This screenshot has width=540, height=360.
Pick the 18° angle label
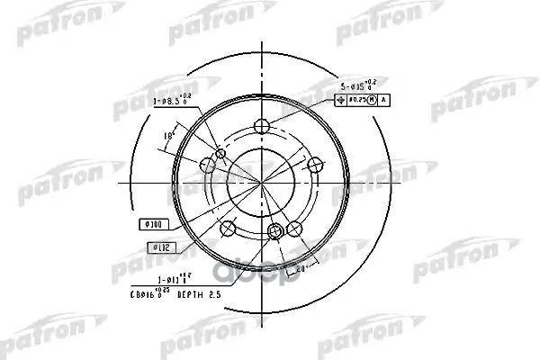click(167, 136)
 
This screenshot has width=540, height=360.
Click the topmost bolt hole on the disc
click(262, 125)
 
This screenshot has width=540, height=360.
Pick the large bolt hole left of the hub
click(207, 166)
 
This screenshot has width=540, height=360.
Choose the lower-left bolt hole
click(229, 229)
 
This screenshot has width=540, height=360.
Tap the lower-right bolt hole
click(294, 229)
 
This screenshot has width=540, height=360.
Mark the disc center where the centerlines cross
click(262, 183)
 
